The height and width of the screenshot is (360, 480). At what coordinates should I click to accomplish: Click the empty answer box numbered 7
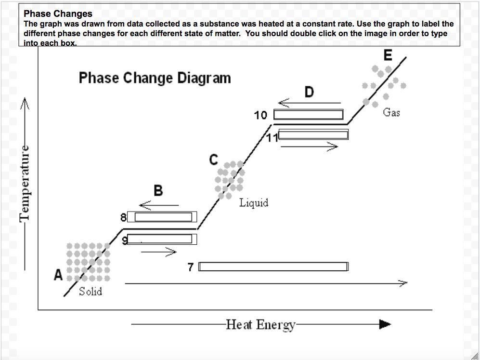click(273, 267)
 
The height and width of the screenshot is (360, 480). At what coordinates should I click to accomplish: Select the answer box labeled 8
click(162, 217)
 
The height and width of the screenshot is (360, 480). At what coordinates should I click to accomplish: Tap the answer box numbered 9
click(162, 240)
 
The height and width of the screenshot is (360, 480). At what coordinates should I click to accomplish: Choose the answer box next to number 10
click(308, 115)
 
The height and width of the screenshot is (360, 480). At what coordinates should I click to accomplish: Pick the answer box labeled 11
click(313, 135)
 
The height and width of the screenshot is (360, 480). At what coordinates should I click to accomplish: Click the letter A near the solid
click(58, 275)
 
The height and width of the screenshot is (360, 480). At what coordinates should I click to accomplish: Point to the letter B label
click(158, 190)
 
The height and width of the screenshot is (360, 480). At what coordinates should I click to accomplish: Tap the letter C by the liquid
click(214, 160)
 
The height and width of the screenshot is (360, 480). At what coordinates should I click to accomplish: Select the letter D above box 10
click(309, 92)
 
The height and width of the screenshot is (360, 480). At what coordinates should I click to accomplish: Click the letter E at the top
click(388, 56)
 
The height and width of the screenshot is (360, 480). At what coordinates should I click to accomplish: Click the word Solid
click(91, 291)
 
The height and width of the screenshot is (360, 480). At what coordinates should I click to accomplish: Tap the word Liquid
click(254, 203)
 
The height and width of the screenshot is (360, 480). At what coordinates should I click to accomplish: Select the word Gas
click(391, 113)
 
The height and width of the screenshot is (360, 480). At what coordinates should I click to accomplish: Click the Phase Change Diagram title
click(155, 78)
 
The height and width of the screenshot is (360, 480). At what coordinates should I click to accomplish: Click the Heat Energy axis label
click(261, 325)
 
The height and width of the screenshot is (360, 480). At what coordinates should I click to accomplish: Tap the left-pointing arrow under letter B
click(158, 205)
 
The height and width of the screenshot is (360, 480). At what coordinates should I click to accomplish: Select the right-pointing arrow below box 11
click(309, 147)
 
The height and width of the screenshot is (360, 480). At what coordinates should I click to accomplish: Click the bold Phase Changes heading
click(58, 14)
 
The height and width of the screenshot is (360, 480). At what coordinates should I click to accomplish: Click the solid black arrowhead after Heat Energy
click(385, 324)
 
